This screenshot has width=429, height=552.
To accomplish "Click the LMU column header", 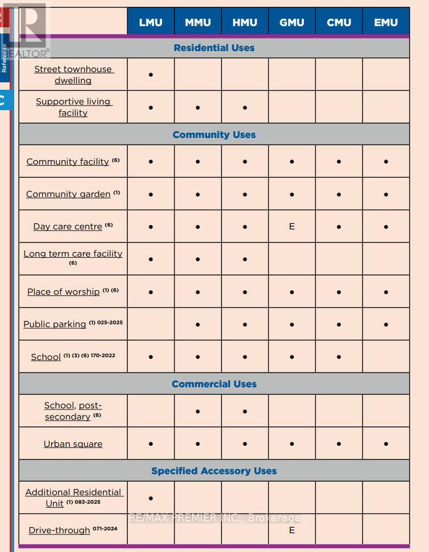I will click(x=151, y=23).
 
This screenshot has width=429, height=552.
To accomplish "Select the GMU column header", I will click(x=291, y=23).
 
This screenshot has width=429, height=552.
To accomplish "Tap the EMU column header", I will click(x=386, y=23).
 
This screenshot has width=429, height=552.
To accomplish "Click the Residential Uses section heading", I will click(x=214, y=48).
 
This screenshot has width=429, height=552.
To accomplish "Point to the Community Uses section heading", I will click(x=214, y=135).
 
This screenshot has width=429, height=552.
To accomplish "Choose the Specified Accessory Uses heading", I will click(x=214, y=471).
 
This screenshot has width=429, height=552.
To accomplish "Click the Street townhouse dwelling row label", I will click(x=73, y=74).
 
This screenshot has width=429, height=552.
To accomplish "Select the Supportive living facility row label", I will click(x=73, y=107).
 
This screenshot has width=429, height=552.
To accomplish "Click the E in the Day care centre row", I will click(x=291, y=226).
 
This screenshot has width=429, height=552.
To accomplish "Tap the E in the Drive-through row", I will click(x=291, y=530).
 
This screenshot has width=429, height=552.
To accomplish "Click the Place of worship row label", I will click(x=64, y=291).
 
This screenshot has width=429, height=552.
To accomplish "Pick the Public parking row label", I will click(x=55, y=324).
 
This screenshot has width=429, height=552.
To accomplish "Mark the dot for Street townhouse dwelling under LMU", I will click(x=151, y=74).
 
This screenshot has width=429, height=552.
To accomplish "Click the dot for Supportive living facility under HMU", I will click(x=245, y=107).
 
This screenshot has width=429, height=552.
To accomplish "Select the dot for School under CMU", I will click(x=339, y=357).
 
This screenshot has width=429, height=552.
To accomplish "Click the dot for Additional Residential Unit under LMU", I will click(x=151, y=498).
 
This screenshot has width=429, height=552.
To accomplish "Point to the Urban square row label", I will click(x=73, y=444).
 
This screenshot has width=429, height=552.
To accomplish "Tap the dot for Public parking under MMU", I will click(x=198, y=325).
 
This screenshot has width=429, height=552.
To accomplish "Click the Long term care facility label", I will click(x=73, y=254).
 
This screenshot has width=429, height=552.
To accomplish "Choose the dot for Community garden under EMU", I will click(x=386, y=194).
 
